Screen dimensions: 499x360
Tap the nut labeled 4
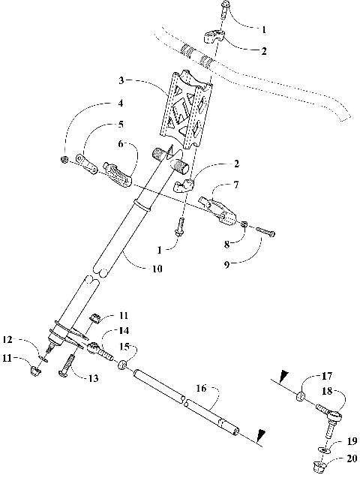[x=65, y=160]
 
